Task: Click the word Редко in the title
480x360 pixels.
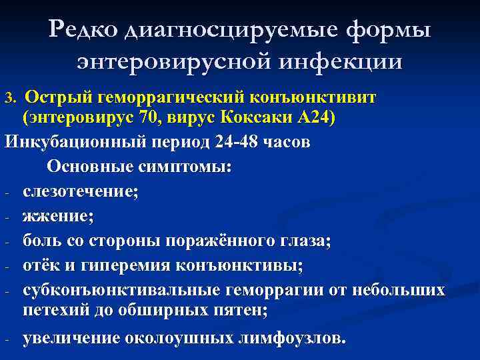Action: [85, 29]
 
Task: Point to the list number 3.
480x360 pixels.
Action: [9, 99]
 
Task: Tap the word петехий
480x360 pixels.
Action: [57, 310]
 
